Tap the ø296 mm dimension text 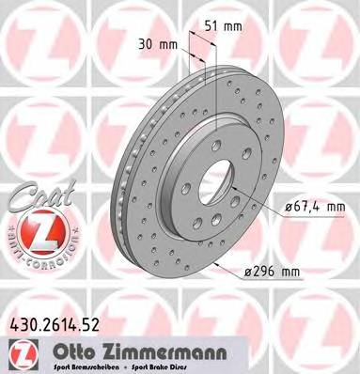(x=273, y=272)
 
